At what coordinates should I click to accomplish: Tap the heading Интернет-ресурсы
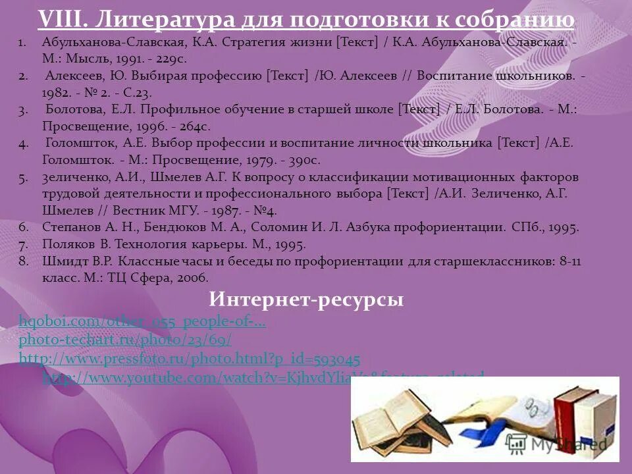point(306,300)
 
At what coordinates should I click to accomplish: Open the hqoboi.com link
point(142,322)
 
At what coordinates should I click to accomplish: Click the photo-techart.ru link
point(125,340)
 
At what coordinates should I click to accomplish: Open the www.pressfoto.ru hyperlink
point(190,359)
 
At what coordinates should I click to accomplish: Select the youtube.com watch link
point(197,377)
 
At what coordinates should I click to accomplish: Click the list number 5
point(22,177)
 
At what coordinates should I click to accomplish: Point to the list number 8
point(22,261)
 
